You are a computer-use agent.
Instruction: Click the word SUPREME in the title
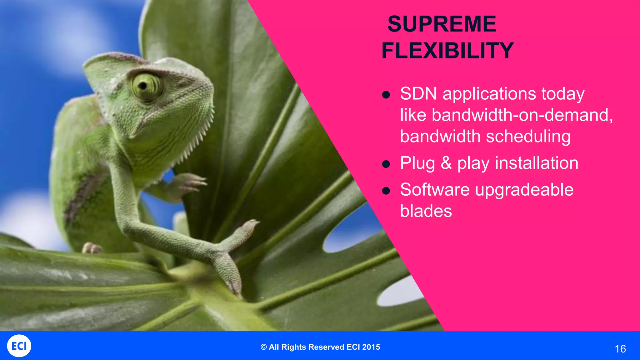(x=442, y=24)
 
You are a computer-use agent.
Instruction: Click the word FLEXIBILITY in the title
(x=447, y=51)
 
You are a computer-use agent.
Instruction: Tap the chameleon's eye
(x=144, y=85)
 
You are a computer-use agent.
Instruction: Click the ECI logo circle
(x=19, y=346)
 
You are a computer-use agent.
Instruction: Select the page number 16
(x=620, y=349)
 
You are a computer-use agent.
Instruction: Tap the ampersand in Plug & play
(x=446, y=163)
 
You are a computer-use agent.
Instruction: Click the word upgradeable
(x=524, y=190)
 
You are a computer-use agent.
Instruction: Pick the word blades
(x=426, y=211)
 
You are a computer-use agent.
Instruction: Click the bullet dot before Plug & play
(x=386, y=164)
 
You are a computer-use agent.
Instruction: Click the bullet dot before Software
(x=386, y=191)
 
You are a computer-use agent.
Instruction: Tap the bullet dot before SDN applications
(x=386, y=95)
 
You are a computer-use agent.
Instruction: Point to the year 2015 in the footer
(x=371, y=347)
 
